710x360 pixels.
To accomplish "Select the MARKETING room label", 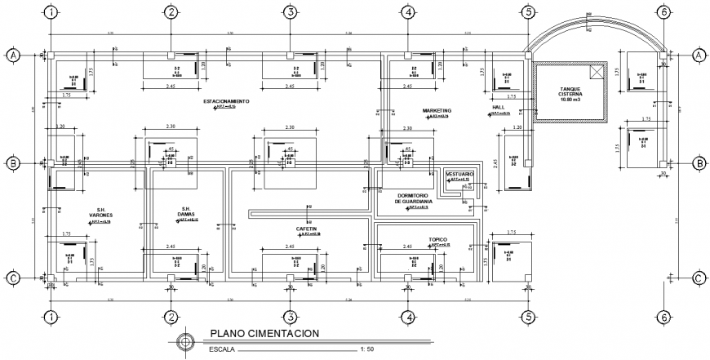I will click(x=437, y=110).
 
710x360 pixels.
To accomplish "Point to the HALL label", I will click(x=499, y=108).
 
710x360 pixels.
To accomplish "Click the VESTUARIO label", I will click(x=459, y=174).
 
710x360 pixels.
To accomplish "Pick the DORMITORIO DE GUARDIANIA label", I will click(x=419, y=198).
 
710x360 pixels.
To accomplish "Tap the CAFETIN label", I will click(x=306, y=229).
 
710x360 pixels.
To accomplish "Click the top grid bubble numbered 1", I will click(x=51, y=12).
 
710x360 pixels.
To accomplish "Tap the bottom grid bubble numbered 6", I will click(x=663, y=318).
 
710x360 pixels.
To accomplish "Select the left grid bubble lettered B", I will click(x=14, y=164).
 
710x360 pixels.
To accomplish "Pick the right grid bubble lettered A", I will click(x=699, y=55).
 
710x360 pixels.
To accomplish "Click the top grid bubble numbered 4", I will click(x=408, y=12).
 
